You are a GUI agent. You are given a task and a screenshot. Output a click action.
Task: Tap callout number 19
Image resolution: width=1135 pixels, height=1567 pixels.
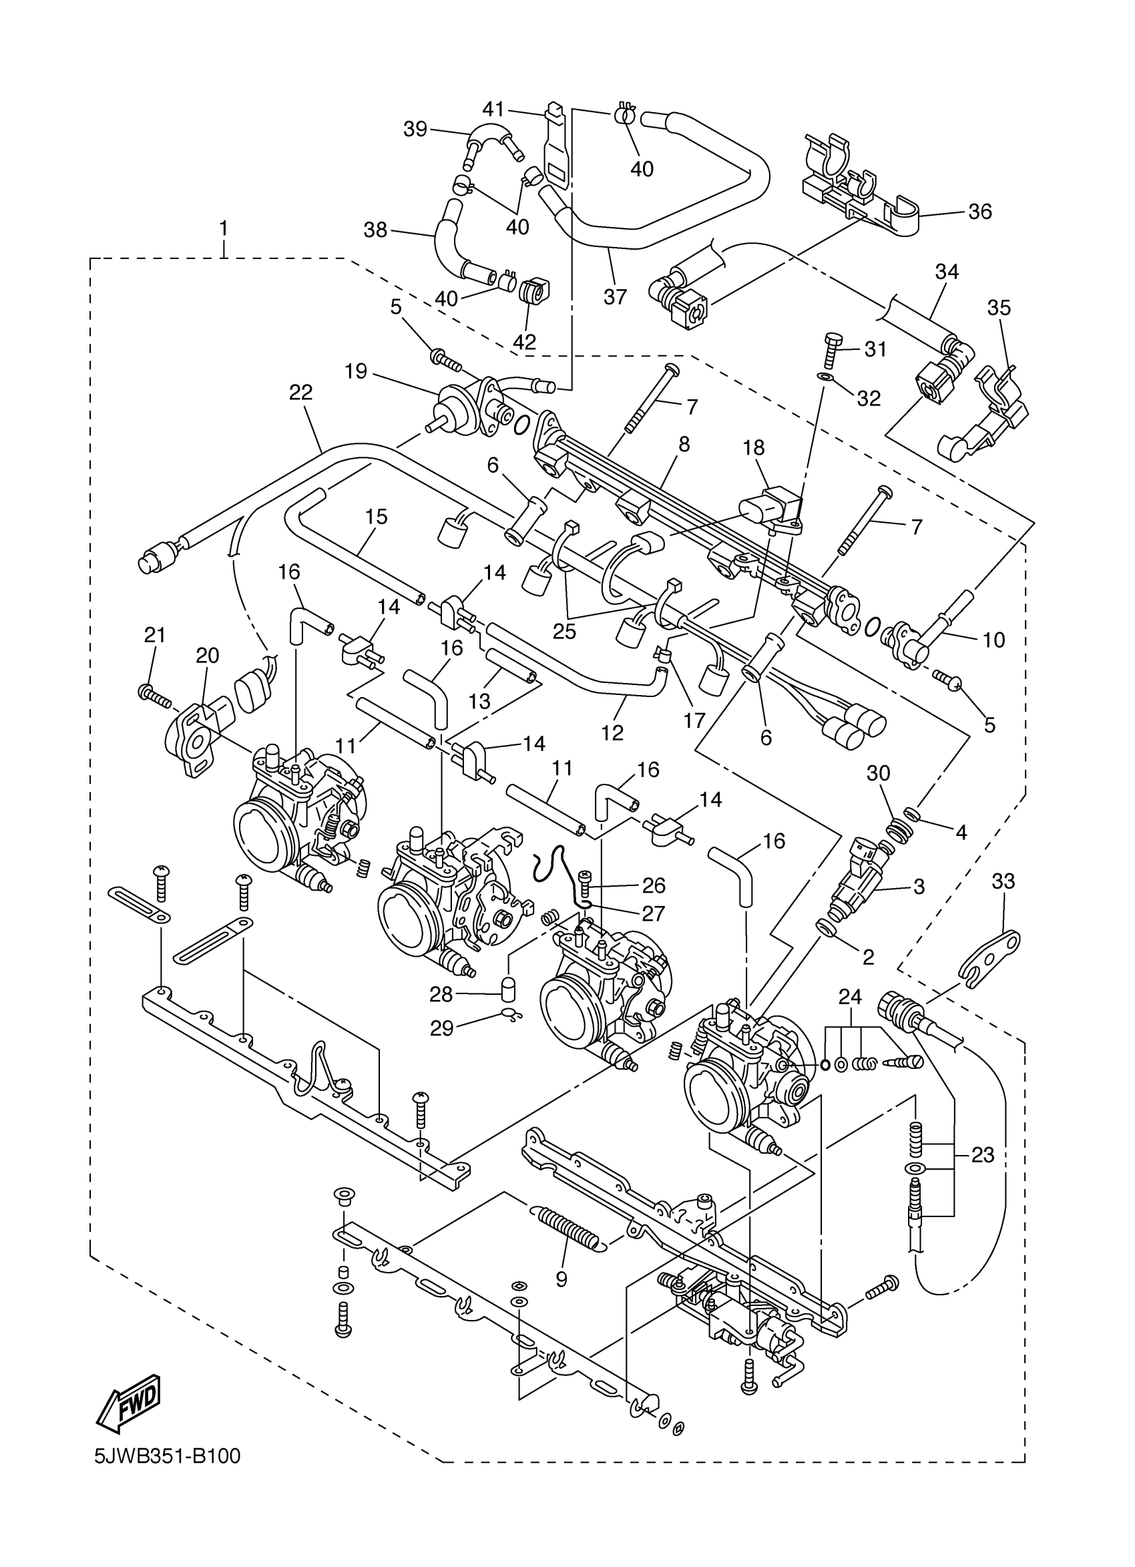(x=356, y=373)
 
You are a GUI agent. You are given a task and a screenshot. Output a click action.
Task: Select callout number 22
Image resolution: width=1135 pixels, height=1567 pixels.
(x=301, y=393)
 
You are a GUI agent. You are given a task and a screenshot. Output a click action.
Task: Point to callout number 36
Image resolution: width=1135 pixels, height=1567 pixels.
(x=979, y=212)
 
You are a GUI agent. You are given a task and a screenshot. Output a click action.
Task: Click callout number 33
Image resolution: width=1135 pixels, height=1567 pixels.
(x=1003, y=881)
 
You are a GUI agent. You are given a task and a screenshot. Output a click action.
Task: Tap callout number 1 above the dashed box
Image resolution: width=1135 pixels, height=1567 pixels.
(x=223, y=227)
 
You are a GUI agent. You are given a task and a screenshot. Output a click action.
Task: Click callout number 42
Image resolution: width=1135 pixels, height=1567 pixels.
(x=525, y=342)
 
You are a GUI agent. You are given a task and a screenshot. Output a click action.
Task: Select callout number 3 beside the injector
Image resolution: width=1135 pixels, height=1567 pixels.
(x=918, y=887)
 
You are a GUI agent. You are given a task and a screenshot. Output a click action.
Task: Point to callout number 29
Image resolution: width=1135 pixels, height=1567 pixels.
(x=441, y=1048)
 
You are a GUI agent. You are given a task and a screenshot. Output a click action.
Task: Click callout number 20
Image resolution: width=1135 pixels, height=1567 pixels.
(x=207, y=655)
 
